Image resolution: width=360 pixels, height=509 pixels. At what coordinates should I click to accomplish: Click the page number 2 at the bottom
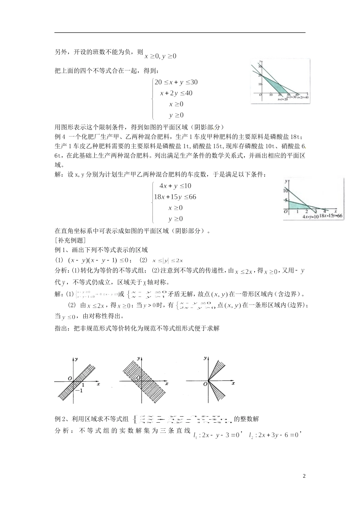[x=304, y=476]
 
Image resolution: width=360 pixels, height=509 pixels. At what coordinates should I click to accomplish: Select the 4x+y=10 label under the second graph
[x=310, y=217]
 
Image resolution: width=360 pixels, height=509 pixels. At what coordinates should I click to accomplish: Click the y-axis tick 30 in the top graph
[x=260, y=67]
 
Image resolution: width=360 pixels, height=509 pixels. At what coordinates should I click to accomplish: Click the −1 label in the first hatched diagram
[x=78, y=390]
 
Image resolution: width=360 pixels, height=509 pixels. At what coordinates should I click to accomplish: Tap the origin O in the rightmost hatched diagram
[x=205, y=384]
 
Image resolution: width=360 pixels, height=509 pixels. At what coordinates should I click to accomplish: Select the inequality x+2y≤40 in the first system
[x=176, y=93]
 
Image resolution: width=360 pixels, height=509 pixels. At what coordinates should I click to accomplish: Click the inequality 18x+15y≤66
[x=175, y=197]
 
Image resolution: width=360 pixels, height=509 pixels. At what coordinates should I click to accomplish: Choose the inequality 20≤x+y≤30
[x=176, y=82]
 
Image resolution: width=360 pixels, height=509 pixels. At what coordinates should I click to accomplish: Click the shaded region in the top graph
[x=271, y=84]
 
